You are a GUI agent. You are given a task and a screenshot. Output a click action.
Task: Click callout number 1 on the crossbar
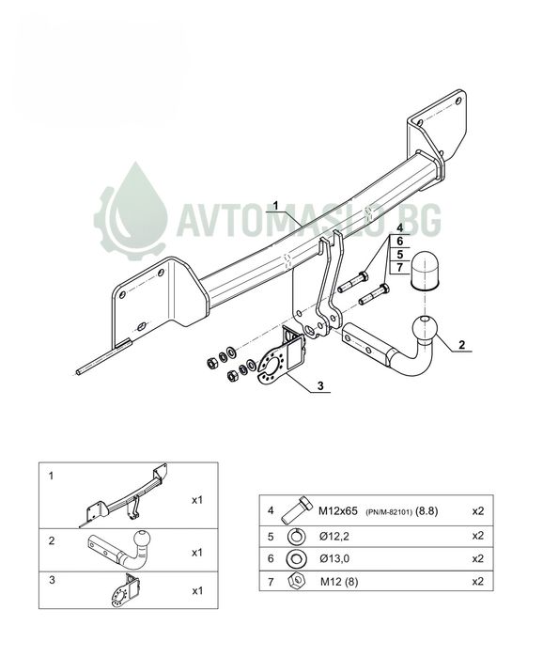(x=275, y=206)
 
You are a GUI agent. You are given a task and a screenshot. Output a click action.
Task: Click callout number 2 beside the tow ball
(x=461, y=345)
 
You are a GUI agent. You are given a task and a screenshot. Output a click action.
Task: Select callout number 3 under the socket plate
(x=320, y=386)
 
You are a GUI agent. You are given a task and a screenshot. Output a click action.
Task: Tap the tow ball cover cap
(x=426, y=271)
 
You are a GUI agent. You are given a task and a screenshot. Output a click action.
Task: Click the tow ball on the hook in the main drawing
(x=426, y=328)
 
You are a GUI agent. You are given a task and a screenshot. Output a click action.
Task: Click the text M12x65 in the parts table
(x=338, y=510)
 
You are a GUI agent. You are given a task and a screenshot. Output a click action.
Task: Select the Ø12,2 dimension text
(x=334, y=537)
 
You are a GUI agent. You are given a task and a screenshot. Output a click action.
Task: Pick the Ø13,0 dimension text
(x=334, y=558)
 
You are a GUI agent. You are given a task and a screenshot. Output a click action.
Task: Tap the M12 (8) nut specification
(x=339, y=581)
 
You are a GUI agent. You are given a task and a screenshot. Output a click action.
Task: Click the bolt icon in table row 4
(x=297, y=509)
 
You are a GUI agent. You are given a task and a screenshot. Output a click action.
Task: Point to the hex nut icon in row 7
(x=296, y=581)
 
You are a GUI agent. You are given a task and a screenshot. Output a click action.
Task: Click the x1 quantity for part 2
(x=196, y=553)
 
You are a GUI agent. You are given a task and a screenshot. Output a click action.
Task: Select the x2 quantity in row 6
(x=477, y=558)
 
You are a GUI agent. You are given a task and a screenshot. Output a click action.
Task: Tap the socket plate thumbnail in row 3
(x=125, y=591)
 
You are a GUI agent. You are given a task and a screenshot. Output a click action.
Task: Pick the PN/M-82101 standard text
(x=389, y=512)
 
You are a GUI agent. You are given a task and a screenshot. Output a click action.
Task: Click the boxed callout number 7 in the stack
(x=400, y=267)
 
